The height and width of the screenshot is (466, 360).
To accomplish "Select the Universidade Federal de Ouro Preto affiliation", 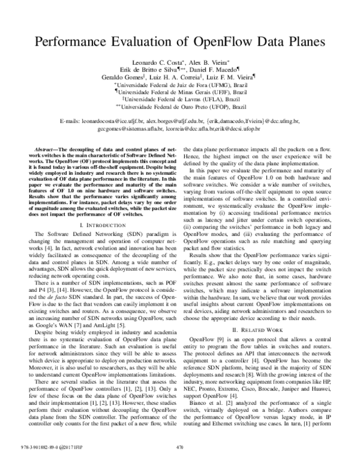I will (182, 107).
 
